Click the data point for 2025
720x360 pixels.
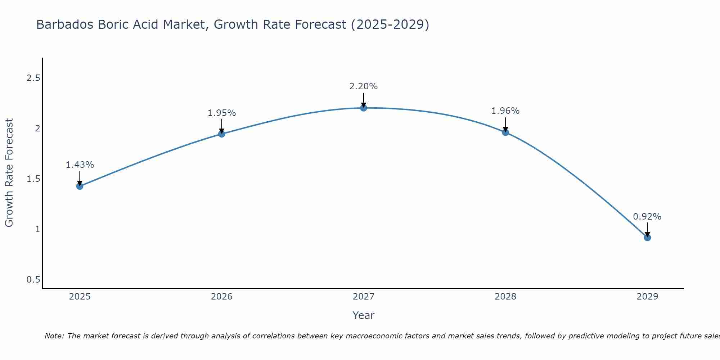80,186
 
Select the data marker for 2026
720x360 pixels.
222,134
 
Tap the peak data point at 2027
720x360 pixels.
364,108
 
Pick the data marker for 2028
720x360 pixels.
505,132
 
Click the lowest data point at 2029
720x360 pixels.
647,238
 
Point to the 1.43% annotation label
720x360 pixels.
80,165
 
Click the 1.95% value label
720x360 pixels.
222,113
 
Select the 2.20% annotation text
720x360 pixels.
364,86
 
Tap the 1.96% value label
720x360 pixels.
505,111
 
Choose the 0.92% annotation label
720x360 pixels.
647,217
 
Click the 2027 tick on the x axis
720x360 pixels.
364,297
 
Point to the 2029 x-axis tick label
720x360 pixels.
647,297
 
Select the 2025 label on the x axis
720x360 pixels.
80,297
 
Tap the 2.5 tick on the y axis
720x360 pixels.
33,78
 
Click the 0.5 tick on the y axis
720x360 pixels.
33,280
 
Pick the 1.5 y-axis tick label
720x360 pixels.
33,179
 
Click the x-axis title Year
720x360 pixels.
364,315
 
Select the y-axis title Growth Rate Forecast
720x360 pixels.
9,173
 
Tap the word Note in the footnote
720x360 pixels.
54,336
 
